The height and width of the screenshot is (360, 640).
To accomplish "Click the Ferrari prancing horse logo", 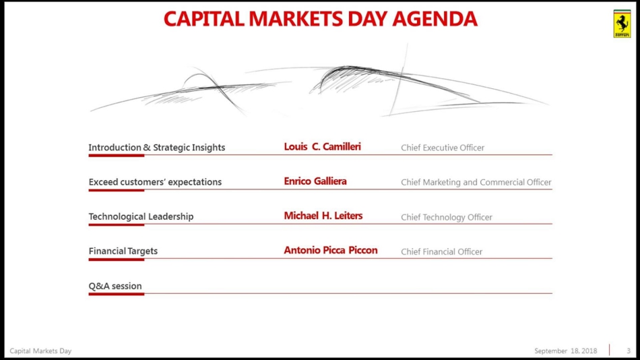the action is point(622,24).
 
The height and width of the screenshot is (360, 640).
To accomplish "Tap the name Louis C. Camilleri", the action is point(323,147).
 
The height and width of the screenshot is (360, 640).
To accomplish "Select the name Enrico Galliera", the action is point(315,181).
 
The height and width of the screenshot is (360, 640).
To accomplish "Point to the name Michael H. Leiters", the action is point(323,216).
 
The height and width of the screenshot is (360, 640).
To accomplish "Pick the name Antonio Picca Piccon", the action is point(331,250).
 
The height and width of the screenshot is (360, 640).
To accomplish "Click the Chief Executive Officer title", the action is point(443,148).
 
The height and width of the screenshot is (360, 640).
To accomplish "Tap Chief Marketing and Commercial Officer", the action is point(476,182).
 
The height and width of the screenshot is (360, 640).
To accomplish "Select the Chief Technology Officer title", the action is point(447,217).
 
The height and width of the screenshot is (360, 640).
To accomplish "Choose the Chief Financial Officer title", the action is point(442,251).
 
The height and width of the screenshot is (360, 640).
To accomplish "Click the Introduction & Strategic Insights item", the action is point(157,148).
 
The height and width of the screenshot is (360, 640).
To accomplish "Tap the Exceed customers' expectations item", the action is point(155,182).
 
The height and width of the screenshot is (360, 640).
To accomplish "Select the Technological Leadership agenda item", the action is point(141,216).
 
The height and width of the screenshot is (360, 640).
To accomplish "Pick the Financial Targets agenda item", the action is point(123,251).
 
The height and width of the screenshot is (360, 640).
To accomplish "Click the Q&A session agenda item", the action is point(115,286).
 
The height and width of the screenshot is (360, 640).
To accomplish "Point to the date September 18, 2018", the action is point(566,351).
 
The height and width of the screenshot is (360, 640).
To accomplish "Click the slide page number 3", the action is point(629,351).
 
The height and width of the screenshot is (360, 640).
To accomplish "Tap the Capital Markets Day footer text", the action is point(40,351).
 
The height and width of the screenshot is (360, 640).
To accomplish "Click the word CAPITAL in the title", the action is point(203,19).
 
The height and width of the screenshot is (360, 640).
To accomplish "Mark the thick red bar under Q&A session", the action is point(117,294).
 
